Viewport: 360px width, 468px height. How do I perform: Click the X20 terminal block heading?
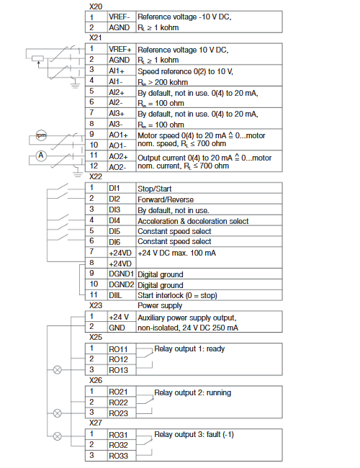point(96,6)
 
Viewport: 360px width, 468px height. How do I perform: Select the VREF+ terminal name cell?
point(120,49)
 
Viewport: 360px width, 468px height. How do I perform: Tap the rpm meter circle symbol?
point(41,135)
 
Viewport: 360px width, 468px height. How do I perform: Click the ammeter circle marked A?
point(41,156)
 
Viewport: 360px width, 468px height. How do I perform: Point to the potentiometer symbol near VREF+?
point(38,58)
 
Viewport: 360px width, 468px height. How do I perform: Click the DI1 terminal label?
point(114,188)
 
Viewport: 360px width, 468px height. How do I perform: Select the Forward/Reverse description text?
point(166,199)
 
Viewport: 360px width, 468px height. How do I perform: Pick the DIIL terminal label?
point(115,295)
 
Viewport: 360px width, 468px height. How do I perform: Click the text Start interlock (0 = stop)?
point(177,295)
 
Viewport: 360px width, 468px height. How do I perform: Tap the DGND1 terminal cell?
point(121,274)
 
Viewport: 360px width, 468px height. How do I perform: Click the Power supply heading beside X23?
point(160,305)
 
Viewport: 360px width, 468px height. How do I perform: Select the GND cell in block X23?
point(117,328)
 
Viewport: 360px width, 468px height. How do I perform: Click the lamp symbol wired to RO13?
point(58,370)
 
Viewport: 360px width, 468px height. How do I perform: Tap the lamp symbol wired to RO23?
point(58,413)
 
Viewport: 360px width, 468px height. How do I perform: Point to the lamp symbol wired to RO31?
point(58,436)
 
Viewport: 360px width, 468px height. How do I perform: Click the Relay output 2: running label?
point(192,392)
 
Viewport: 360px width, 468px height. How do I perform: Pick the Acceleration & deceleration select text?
point(193,221)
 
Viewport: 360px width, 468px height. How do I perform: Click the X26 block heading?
point(96,380)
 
